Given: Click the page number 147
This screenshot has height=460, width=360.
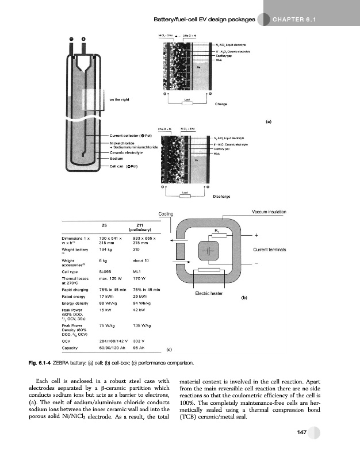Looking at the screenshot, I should [x=297, y=432].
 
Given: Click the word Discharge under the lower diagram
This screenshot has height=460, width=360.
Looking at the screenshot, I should [x=221, y=196].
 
